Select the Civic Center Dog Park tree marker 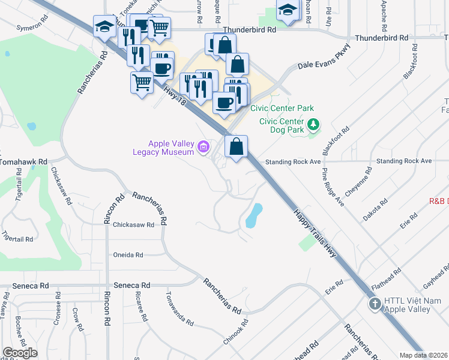pos(313,125)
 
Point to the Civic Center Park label pos(286,109)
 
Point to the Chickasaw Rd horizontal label pos(133,224)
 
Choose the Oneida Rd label pos(128,255)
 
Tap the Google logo pos(20,353)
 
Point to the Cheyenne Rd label pos(362,179)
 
